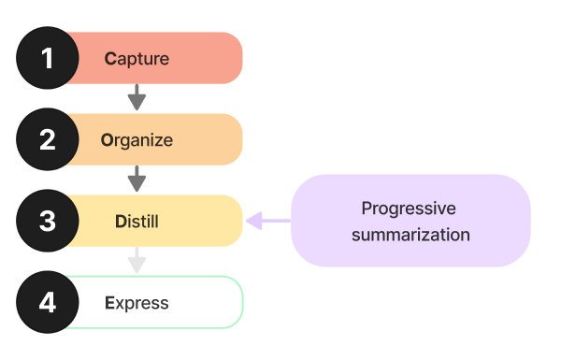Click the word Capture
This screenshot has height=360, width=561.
pyautogui.click(x=137, y=59)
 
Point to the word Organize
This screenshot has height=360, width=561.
pyautogui.click(x=137, y=140)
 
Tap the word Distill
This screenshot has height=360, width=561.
pyautogui.click(x=137, y=222)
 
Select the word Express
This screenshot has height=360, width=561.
pyautogui.click(x=137, y=303)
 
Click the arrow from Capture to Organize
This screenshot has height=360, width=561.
pyautogui.click(x=137, y=97)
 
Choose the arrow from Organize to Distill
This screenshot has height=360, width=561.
pyautogui.click(x=137, y=179)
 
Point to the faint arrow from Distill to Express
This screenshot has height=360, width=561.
pyautogui.click(x=137, y=260)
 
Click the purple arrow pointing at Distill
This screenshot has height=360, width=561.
pyautogui.click(x=267, y=221)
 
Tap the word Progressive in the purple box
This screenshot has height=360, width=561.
pyautogui.click(x=409, y=208)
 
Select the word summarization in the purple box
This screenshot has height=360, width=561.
pyautogui.click(x=410, y=234)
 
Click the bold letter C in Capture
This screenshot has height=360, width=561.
pyautogui.click(x=109, y=59)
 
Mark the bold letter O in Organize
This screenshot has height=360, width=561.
pyautogui.click(x=107, y=140)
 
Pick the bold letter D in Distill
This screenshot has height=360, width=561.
pyautogui.click(x=119, y=222)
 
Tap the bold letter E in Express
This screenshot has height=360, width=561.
pyautogui.click(x=109, y=303)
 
